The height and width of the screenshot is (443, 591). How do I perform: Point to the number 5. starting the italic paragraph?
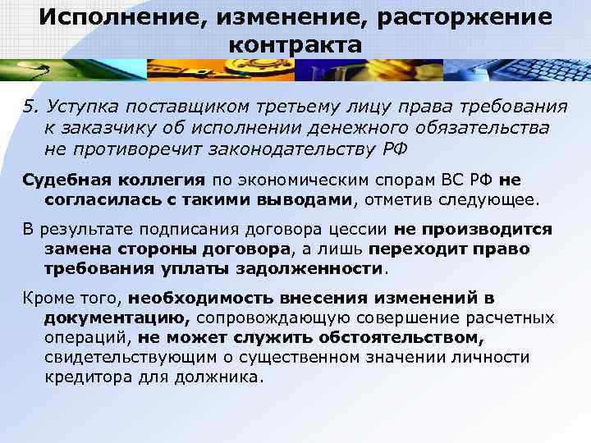(30, 107)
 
